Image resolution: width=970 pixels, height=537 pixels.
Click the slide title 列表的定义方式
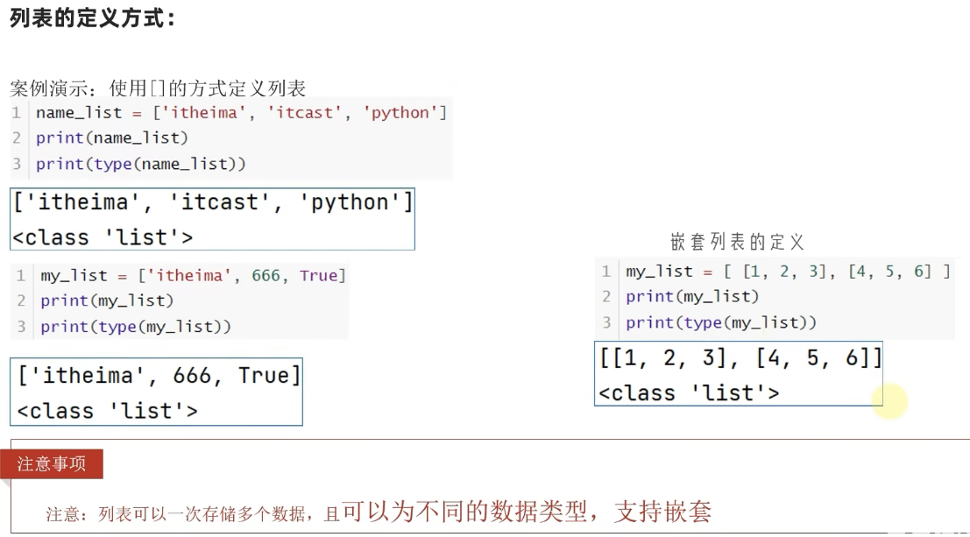click(92, 18)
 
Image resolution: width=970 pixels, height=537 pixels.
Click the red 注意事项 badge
click(52, 464)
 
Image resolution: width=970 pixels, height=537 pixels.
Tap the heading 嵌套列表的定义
click(737, 242)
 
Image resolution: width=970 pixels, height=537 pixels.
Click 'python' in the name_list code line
click(404, 113)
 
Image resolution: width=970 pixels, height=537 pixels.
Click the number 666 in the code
click(266, 276)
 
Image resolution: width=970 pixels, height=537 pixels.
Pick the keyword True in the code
click(318, 276)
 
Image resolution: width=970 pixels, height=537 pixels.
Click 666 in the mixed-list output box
click(192, 376)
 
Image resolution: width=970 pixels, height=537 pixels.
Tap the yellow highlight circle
click(889, 401)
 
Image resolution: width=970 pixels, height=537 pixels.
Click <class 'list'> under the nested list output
click(688, 393)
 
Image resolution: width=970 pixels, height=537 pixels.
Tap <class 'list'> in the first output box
click(103, 237)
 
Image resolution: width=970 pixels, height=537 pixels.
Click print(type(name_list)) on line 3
click(141, 164)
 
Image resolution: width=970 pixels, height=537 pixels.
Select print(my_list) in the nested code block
click(692, 297)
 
